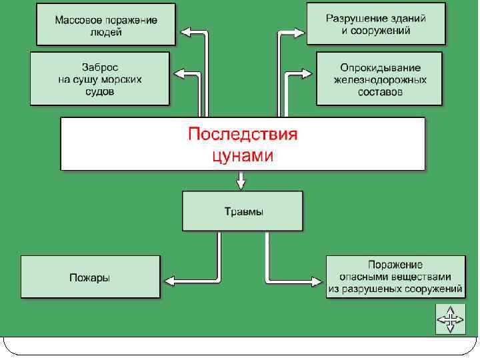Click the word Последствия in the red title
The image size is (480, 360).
242,135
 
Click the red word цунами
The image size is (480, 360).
242,156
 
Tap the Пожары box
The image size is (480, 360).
90,277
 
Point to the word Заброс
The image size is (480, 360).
100,67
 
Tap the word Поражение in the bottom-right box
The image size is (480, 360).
395,265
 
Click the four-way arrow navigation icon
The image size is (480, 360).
451,319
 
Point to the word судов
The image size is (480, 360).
100,92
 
